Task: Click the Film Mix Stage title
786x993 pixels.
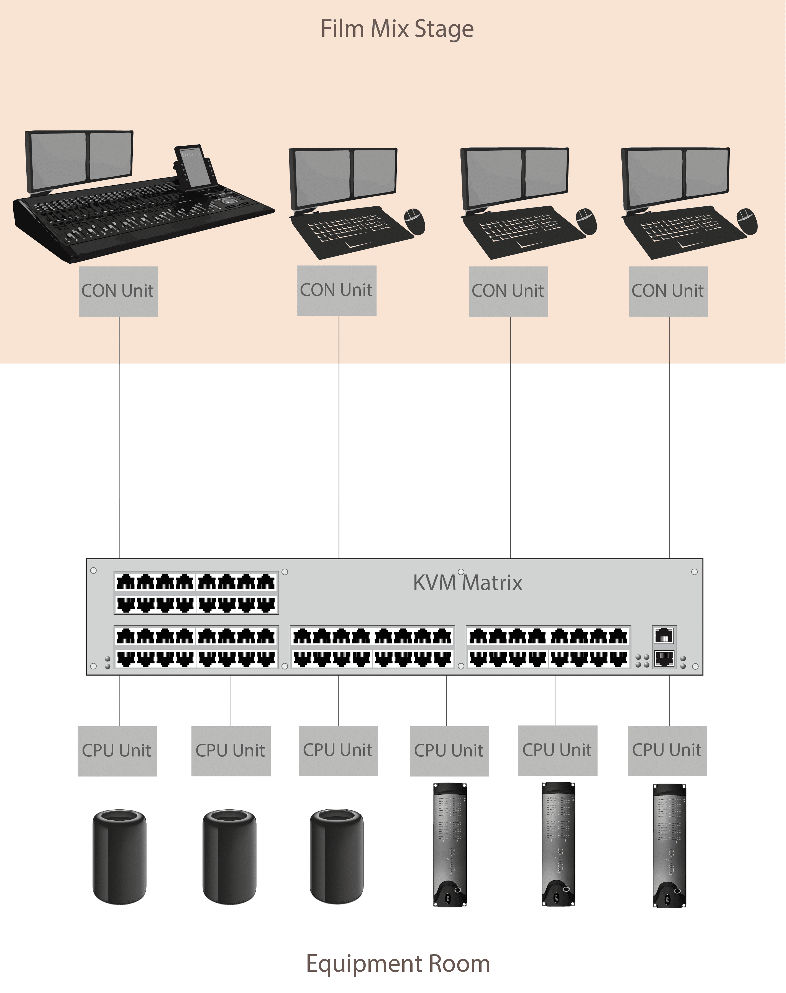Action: pos(397,29)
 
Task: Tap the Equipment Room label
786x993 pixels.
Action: pos(398,963)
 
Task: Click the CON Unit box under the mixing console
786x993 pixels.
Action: pos(118,291)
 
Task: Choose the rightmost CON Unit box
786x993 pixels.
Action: pos(668,291)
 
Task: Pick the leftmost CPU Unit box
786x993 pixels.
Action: pos(117,751)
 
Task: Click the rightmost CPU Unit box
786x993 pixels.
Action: pos(667,751)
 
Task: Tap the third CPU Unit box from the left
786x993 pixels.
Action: pos(338,751)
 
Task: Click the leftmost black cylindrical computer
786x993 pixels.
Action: pos(120,857)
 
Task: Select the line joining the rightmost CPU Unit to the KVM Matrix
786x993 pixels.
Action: pos(669,700)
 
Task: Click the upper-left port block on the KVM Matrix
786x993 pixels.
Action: pos(196,593)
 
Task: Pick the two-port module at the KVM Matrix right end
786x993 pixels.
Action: pos(664,646)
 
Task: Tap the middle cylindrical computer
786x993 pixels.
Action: pos(230,857)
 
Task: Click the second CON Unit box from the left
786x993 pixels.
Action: pos(337,290)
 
